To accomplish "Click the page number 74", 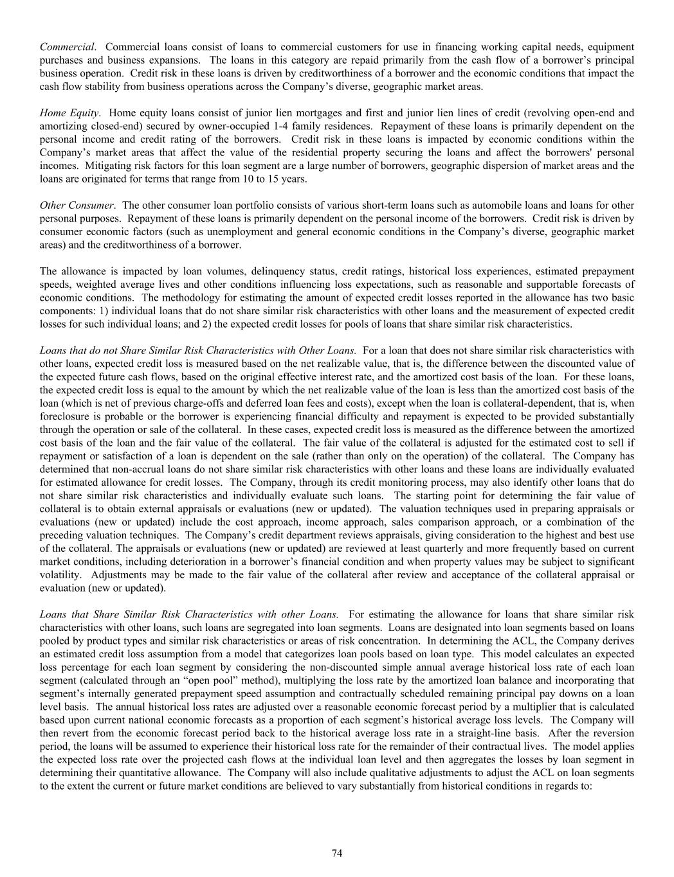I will (337, 853).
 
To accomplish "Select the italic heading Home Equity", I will (69, 113).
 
